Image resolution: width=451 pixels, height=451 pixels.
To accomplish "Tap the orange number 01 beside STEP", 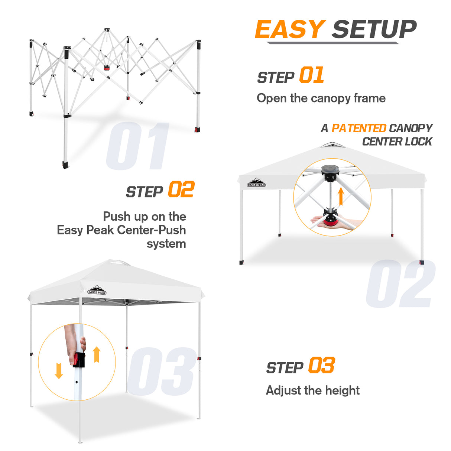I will click(311, 75).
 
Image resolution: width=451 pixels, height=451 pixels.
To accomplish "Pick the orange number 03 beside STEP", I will click(321, 366).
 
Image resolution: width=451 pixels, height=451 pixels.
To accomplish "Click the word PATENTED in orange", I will click(358, 128).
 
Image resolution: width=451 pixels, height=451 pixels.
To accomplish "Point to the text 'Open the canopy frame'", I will click(321, 98).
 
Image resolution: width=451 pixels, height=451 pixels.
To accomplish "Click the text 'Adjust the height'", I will click(312, 390).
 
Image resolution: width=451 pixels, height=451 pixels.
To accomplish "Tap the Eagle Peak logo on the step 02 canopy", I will click(256, 183).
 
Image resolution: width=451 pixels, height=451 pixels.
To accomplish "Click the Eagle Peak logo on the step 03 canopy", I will click(97, 290).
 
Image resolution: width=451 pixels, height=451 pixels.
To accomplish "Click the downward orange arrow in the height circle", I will click(59, 371).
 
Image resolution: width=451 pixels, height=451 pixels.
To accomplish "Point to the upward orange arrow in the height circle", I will click(97, 354).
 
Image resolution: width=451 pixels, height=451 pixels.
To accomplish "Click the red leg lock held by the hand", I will click(78, 360).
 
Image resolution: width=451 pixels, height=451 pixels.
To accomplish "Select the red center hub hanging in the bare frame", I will click(107, 68).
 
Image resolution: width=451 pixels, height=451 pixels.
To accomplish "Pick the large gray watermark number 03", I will click(161, 371).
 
